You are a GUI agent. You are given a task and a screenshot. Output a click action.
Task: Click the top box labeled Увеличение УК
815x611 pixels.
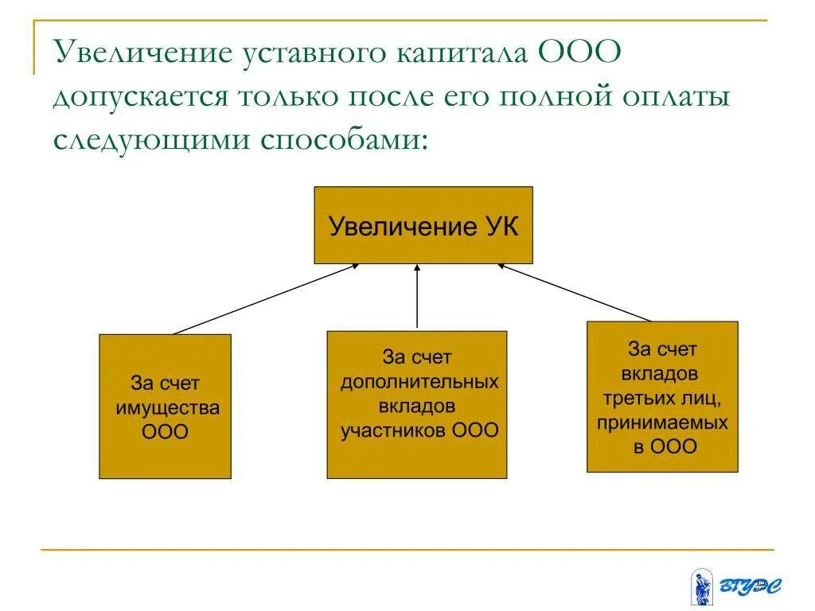[423, 225]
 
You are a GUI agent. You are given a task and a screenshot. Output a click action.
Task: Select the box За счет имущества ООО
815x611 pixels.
[165, 406]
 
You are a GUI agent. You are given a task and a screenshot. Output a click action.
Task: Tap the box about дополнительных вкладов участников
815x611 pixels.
[416, 404]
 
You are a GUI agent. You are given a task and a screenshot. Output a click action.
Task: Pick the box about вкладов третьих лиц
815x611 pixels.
[662, 396]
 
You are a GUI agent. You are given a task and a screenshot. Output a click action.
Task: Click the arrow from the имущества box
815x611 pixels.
[266, 298]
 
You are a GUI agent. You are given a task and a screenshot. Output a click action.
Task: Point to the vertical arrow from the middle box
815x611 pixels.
[417, 296]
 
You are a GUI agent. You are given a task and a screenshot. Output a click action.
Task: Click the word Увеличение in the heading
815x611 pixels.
[142, 55]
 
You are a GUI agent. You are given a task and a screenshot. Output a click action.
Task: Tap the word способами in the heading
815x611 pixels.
[343, 139]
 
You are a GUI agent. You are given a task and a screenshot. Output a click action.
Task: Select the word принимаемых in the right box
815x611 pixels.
[662, 422]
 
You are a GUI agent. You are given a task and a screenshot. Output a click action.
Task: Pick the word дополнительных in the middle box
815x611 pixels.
[419, 381]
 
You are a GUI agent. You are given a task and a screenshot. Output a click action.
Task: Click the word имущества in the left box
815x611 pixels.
[167, 408]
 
